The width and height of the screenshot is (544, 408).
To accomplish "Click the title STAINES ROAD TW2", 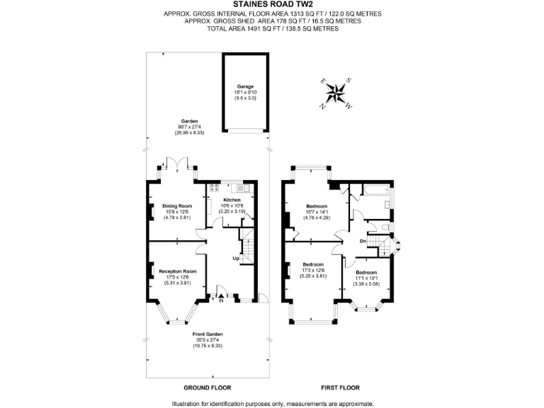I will [x=272, y=5].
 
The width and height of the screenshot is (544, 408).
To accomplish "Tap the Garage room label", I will [x=245, y=86].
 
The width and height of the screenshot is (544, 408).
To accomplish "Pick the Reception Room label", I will [x=177, y=271].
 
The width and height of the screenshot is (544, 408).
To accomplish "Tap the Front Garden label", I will [x=209, y=334].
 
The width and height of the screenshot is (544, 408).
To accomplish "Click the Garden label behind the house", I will [x=188, y=121].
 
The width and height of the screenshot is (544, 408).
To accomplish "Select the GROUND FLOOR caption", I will [x=208, y=387].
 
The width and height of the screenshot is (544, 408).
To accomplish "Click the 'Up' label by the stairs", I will [x=235, y=258].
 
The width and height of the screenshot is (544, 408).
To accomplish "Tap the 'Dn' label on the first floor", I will [x=363, y=242].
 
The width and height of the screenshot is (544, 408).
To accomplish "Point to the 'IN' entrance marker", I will [x=221, y=301].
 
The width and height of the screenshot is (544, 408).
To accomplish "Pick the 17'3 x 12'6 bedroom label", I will [x=312, y=271].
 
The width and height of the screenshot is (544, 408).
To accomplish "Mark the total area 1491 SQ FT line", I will [x=272, y=28].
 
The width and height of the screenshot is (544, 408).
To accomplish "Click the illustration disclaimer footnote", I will [x=272, y=403].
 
